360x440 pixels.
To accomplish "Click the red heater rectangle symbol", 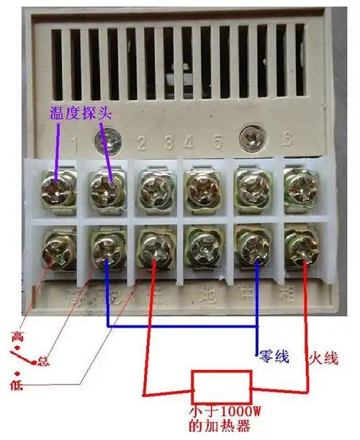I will pyautogui.click(x=221, y=387).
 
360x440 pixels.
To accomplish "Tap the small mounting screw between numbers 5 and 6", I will pyautogui.click(x=252, y=135).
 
